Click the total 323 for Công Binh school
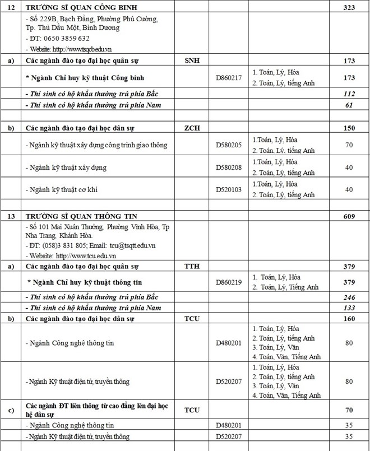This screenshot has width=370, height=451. pos(349,8)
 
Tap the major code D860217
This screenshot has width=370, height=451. pos(229,78)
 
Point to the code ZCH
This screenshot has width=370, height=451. pos(192,128)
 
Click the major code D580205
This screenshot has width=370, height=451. pos(229,145)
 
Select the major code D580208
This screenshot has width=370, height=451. pos(229,168)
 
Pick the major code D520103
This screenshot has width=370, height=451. pos(229,189)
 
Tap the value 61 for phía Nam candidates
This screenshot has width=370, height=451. pos(349,105)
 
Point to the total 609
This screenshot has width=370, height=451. pos(349,216)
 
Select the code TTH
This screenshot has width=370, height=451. pos(192,267)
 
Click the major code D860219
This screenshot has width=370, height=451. pos(229,282)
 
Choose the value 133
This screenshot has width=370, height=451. pos(349,308)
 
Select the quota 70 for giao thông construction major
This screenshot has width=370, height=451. pos(349,145)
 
